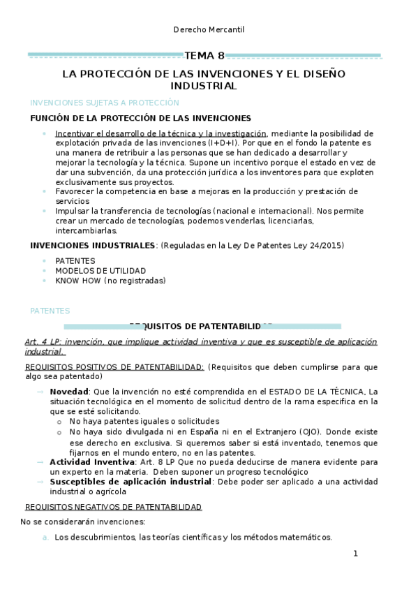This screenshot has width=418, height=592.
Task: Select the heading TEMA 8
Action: tap(204, 55)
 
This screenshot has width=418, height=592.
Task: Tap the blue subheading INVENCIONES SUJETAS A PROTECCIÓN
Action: tap(100, 102)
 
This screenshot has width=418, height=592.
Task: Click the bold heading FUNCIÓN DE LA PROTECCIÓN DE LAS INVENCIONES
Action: tap(140, 118)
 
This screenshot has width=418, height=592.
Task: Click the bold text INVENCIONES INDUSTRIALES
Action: tap(93, 245)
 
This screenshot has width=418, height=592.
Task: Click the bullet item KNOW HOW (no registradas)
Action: tap(110, 281)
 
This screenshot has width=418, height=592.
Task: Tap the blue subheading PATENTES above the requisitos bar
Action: tap(50, 310)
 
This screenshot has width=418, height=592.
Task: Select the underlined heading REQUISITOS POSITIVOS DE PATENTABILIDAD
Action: tap(114, 367)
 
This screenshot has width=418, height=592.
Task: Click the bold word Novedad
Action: tap(68, 391)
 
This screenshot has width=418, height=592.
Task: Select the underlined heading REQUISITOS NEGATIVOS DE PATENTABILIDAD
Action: tap(113, 506)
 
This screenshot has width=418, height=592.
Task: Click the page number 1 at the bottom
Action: tap(355, 554)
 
